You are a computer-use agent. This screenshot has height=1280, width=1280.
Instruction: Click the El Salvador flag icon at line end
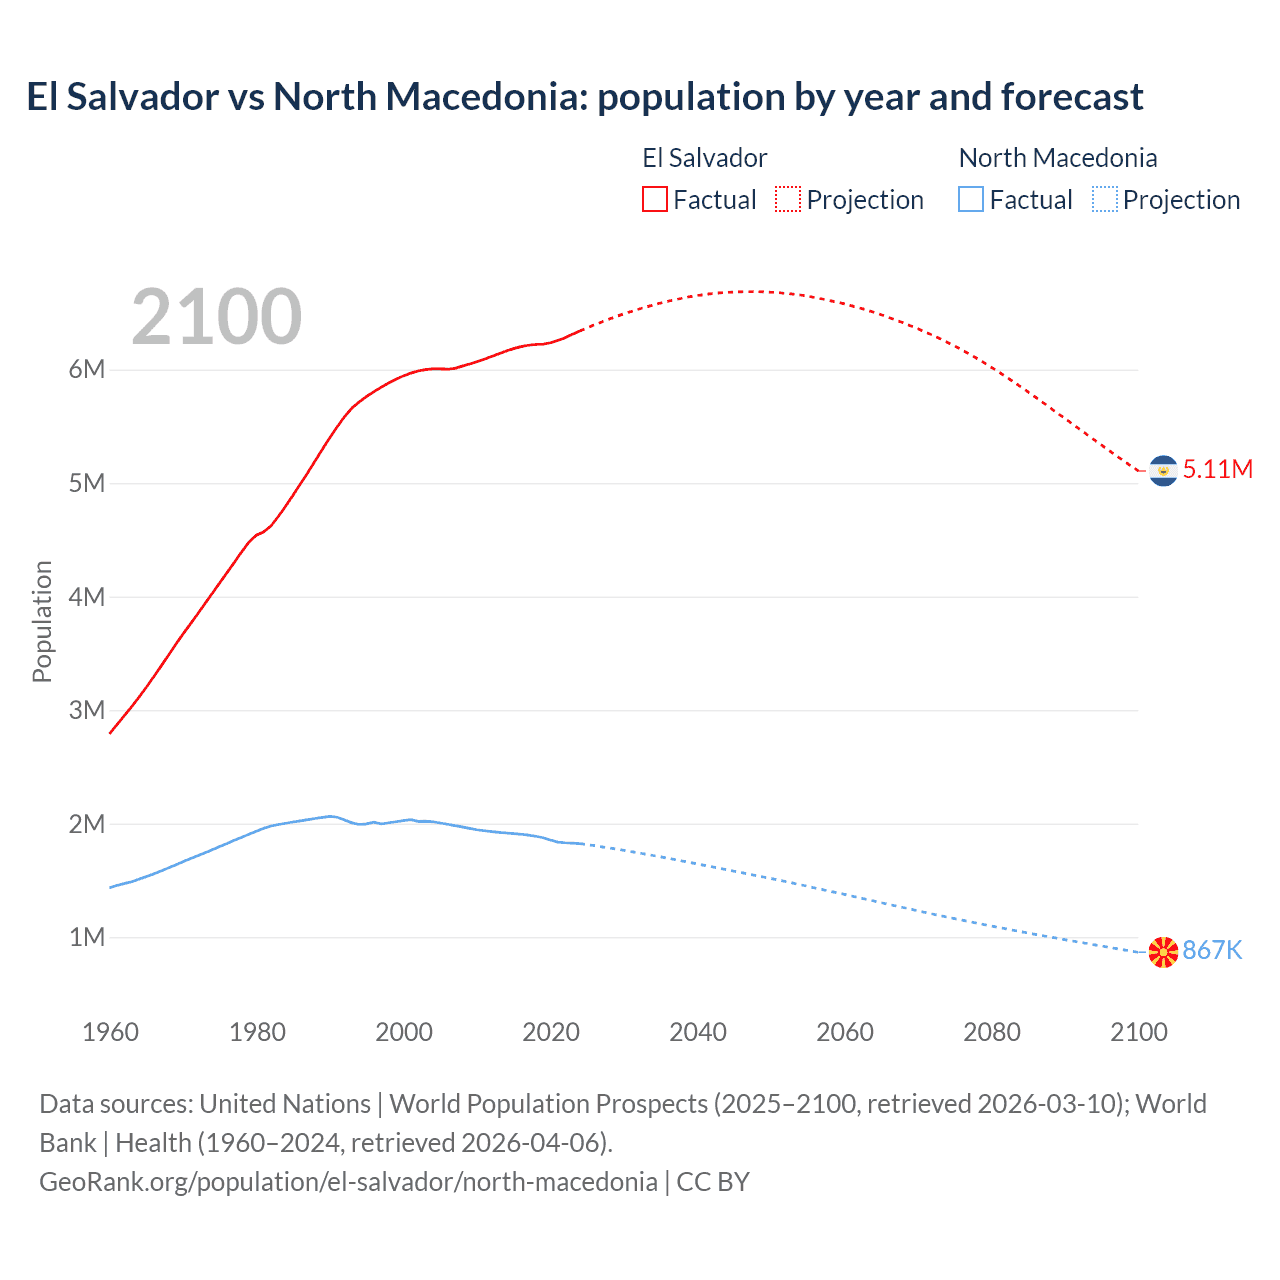[x=1163, y=470]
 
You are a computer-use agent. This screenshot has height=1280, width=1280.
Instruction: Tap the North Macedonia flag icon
[x=1163, y=952]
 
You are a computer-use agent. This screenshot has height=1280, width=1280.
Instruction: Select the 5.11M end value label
[x=1217, y=470]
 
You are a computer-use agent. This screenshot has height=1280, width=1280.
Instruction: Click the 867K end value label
[x=1212, y=951]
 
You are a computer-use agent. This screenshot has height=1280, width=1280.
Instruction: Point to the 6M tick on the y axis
[x=87, y=370]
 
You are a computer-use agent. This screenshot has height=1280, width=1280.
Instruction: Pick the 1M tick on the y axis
[x=87, y=938]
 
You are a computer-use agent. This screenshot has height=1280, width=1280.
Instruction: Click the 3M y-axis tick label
[x=87, y=711]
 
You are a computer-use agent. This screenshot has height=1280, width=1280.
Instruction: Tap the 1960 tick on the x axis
[x=110, y=1032]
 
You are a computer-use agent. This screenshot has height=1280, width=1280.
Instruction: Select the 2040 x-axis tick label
[x=698, y=1032]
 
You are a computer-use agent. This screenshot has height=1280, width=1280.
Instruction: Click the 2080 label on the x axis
[x=992, y=1032]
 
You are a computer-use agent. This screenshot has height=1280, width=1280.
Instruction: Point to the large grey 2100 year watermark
[x=216, y=317]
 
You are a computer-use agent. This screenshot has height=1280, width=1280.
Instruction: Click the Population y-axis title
[x=42, y=622]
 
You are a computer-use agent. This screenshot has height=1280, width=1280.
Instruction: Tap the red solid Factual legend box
[x=655, y=200]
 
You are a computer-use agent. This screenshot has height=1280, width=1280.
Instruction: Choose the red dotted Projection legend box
[x=788, y=200]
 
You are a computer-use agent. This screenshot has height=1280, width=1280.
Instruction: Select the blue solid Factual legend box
[x=971, y=200]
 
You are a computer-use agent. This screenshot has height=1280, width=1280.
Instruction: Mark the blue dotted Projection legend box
[x=1105, y=200]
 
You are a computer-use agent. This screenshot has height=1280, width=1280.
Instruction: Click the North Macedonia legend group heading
[x=1058, y=158]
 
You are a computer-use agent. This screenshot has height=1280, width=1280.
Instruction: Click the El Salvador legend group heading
[x=704, y=158]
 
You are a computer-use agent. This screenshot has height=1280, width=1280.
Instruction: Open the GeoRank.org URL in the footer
[x=348, y=1182]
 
